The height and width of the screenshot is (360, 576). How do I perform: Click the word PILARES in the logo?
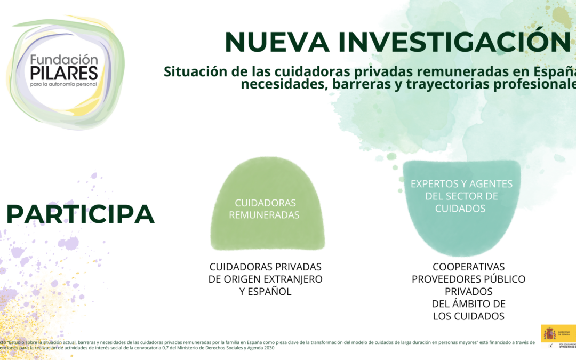(64, 73)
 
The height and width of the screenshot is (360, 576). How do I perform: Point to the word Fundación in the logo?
(64, 59)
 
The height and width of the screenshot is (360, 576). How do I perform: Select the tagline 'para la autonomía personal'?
(64, 85)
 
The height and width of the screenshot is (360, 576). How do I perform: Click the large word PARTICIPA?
(81, 214)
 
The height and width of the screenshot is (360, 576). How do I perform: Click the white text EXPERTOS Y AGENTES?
(461, 184)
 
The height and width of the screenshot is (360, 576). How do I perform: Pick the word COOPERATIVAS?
(469, 267)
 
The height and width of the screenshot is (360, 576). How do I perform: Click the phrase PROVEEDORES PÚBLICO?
(469, 279)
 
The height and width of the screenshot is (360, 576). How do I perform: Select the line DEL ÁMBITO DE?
(469, 303)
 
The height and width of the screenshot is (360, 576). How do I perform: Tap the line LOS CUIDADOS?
(469, 316)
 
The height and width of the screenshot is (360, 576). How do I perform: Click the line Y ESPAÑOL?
(266, 292)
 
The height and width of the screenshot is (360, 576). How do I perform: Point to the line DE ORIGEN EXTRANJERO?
(266, 279)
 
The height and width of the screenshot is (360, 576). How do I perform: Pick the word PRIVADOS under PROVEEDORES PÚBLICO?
(469, 291)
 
